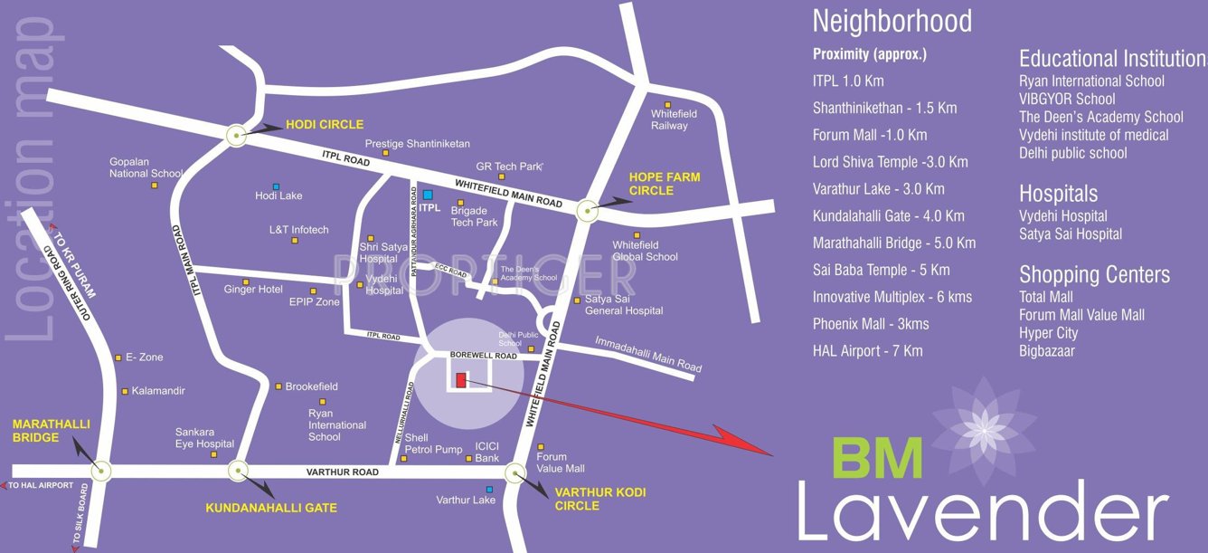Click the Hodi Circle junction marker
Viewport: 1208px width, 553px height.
[237, 136]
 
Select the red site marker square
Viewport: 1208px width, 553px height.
[461, 380]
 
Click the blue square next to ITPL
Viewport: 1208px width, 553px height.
[428, 195]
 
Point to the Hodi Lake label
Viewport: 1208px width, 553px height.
[278, 195]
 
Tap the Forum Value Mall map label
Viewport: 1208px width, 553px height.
[561, 462]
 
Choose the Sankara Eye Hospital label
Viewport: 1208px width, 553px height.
[204, 438]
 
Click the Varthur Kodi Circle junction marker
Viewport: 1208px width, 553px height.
[515, 472]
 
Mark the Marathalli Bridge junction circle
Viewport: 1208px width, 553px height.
[101, 471]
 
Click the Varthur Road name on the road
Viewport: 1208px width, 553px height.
[342, 472]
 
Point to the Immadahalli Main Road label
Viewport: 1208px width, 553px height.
[648, 355]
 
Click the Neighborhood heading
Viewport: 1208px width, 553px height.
[892, 21]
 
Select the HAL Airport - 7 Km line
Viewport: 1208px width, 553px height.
[867, 350]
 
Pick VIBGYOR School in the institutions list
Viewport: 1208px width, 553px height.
[1067, 99]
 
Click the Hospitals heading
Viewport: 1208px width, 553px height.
[1058, 193]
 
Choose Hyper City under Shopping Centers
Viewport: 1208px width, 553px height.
[1048, 332]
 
